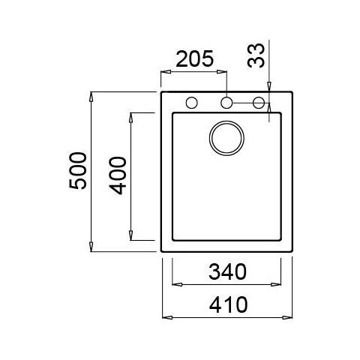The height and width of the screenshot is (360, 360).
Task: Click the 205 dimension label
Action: (x=195, y=59)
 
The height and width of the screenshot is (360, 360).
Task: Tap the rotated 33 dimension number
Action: (x=256, y=55)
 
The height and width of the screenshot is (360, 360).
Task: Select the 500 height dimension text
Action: (x=78, y=171)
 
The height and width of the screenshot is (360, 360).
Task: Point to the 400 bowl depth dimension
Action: (x=118, y=175)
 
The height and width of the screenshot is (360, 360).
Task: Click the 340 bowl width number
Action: (x=227, y=271)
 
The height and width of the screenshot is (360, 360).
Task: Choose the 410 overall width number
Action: (x=228, y=304)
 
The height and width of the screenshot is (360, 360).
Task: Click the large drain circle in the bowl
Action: (x=226, y=138)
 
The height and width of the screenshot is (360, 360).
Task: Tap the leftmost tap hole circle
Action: (x=192, y=103)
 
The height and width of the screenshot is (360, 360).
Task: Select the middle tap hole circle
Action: (x=226, y=103)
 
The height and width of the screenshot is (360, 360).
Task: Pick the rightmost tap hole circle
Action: (x=259, y=103)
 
